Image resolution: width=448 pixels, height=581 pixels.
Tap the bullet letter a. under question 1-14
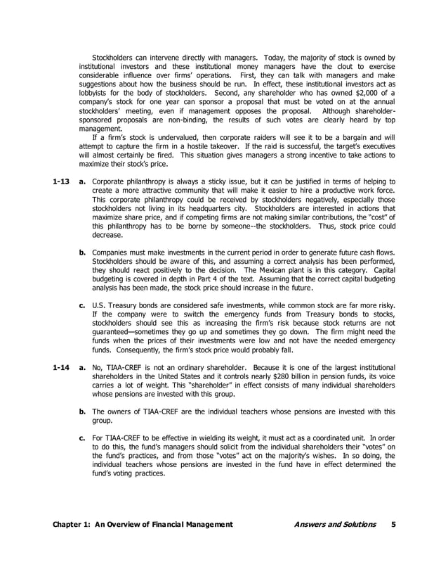point(83,367)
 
